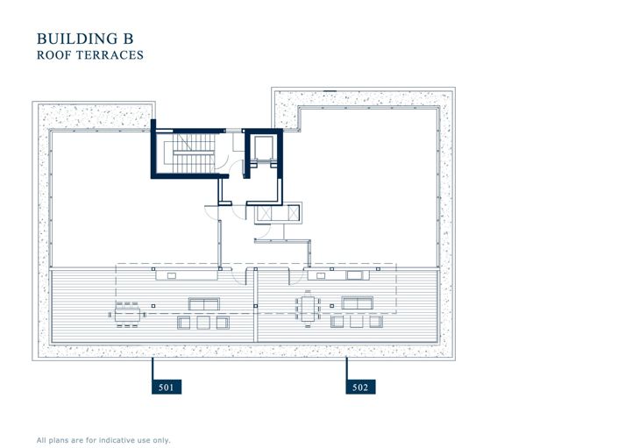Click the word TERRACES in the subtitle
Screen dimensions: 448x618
(111, 55)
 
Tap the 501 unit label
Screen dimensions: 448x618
(167, 387)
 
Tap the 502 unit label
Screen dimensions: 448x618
(360, 387)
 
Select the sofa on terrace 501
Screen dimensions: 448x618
(203, 303)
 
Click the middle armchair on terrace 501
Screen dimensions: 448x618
(204, 323)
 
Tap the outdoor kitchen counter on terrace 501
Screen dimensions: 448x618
(185, 275)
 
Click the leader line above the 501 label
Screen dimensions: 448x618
(153, 367)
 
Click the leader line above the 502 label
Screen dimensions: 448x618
(347, 367)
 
